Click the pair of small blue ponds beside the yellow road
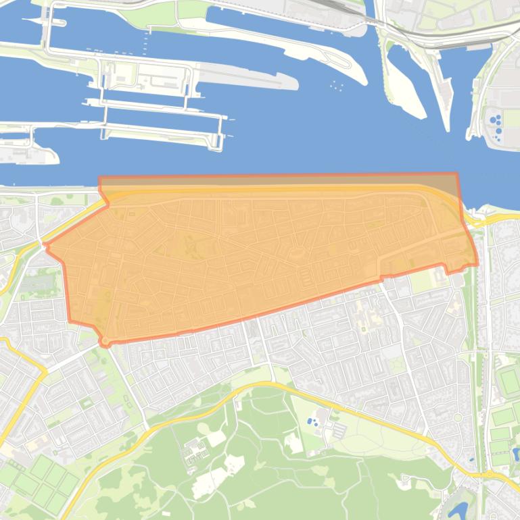pyautogui.click(x=312, y=421)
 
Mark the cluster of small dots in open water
pyautogui.click(x=337, y=85)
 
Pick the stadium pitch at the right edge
pyautogui.click(x=509, y=382)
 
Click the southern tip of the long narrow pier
pyautogui.click(x=447, y=128)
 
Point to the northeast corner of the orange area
pyautogui.click(x=457, y=174)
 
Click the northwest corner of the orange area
pyautogui.click(x=100, y=178)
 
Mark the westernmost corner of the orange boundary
pyautogui.click(x=45, y=245)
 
